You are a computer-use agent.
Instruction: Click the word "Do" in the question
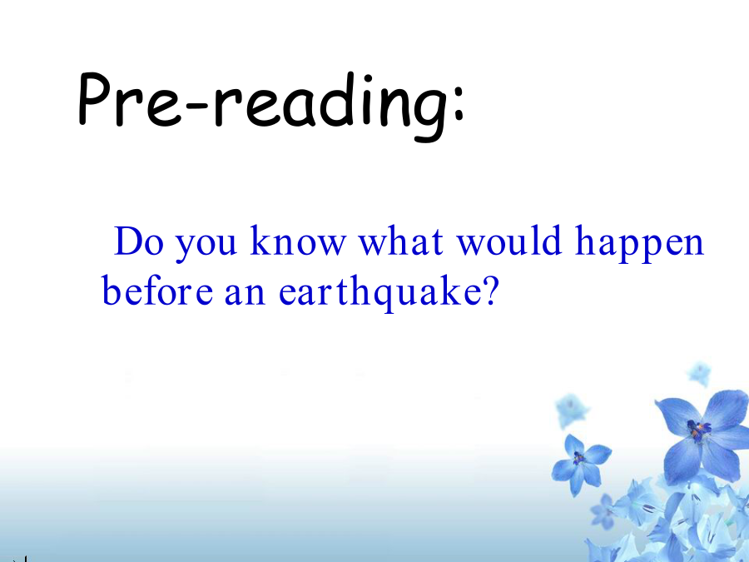pyautogui.click(x=139, y=241)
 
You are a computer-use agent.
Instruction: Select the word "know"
pyautogui.click(x=298, y=241)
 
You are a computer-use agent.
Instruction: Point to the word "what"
pyautogui.click(x=401, y=241)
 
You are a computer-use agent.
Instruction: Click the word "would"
pyautogui.click(x=508, y=241)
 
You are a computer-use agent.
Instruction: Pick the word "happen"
pyautogui.click(x=640, y=245)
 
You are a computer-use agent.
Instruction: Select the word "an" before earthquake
pyautogui.click(x=245, y=295)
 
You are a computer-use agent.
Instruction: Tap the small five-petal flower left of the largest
pyautogui.click(x=579, y=460)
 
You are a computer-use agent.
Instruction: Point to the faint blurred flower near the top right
pyautogui.click(x=700, y=373)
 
